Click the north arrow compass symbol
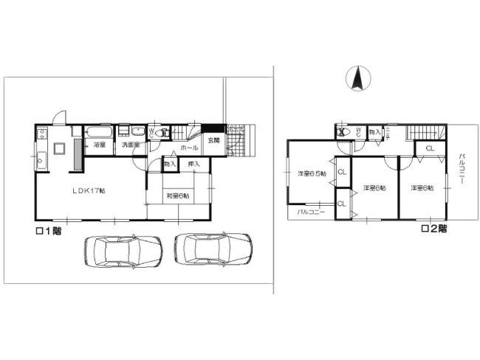pyautogui.click(x=357, y=78)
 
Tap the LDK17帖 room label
pyautogui.click(x=89, y=191)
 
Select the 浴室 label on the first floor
pyautogui.click(x=100, y=145)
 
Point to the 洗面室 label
pyautogui.click(x=131, y=145)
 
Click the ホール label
pyautogui.click(x=189, y=147)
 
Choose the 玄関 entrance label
pyautogui.click(x=213, y=140)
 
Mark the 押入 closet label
pyautogui.click(x=194, y=163)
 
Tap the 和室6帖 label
pyautogui.click(x=176, y=195)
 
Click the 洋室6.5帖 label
pyautogui.click(x=311, y=174)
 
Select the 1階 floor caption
pyautogui.click(x=51, y=231)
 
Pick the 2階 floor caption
pyautogui.click(x=433, y=229)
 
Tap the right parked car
pyautogui.click(x=213, y=249)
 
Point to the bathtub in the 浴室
pyautogui.click(x=100, y=133)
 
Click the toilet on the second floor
pyautogui.click(x=343, y=133)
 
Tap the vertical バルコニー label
pyautogui.click(x=462, y=171)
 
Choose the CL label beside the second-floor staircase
pyautogui.click(x=429, y=149)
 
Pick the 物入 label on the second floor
pyautogui.click(x=374, y=133)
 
